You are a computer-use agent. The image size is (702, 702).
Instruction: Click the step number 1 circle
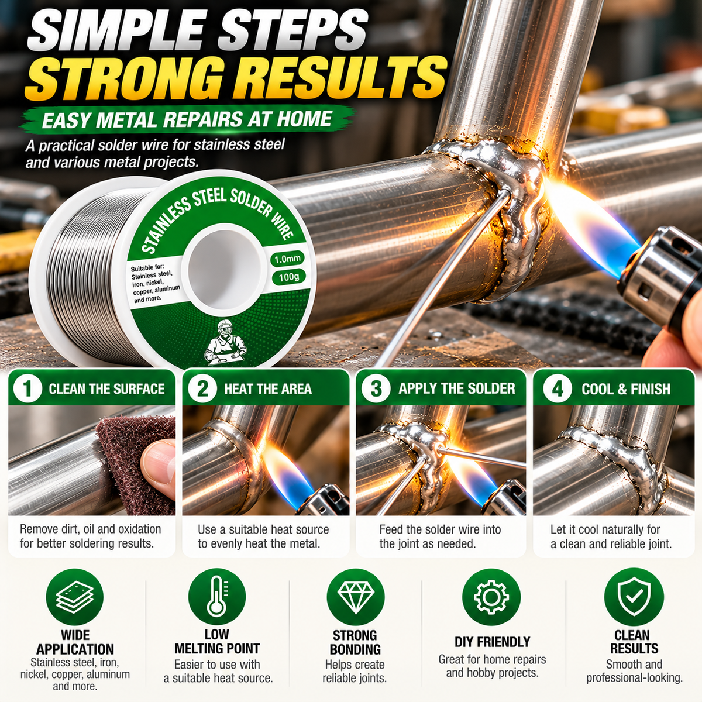(x=27, y=388)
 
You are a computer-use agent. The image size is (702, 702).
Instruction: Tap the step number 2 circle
(x=203, y=388)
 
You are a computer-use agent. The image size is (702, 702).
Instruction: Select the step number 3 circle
(x=376, y=388)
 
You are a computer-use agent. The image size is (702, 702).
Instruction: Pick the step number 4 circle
(x=557, y=388)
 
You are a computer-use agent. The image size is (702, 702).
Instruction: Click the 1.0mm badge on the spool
(x=287, y=259)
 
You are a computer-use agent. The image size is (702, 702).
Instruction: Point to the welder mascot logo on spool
(x=225, y=342)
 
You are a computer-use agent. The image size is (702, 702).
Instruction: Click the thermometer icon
(x=217, y=597)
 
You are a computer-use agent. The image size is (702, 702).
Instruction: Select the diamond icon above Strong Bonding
(x=356, y=597)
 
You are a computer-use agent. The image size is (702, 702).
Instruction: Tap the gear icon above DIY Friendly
(x=491, y=597)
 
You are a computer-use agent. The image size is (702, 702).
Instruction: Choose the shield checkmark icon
(x=634, y=597)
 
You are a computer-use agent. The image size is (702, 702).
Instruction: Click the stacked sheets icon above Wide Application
(x=75, y=597)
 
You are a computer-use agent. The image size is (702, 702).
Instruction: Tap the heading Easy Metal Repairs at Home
(x=187, y=119)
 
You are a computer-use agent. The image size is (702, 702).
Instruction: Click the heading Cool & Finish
(x=626, y=389)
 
